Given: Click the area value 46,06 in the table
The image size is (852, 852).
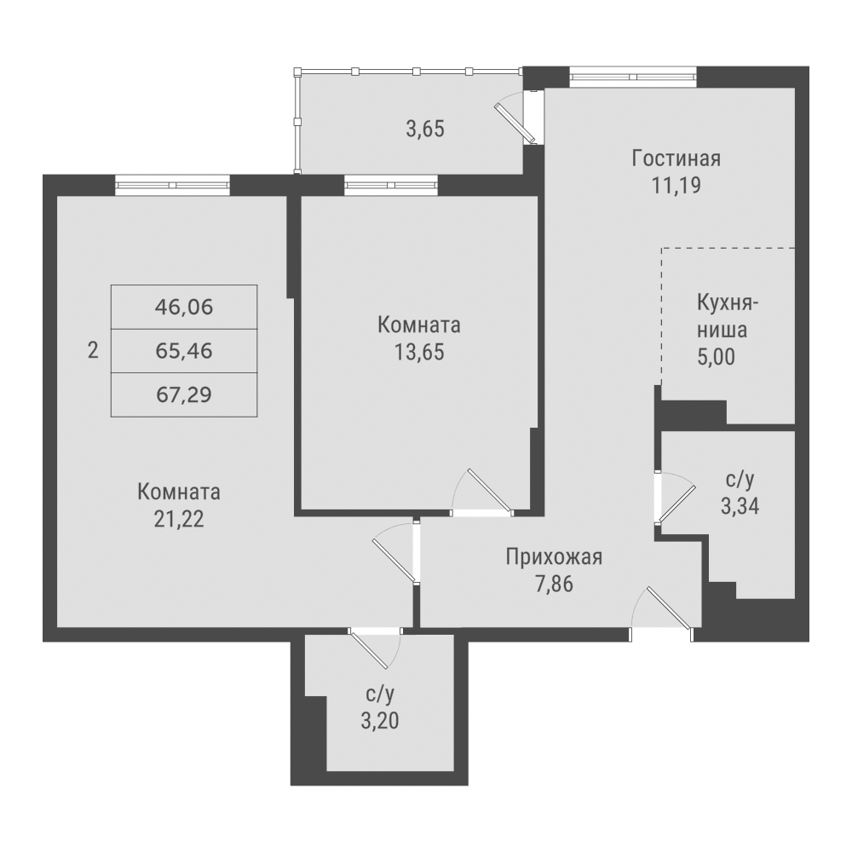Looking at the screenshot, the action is point(184,308).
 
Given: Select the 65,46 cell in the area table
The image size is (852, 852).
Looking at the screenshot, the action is point(184,351).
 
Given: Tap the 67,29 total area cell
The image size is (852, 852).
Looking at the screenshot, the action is point(184,394).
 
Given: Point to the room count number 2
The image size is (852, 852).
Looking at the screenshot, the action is point(93,350).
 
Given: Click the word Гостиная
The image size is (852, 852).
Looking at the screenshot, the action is point(676,158).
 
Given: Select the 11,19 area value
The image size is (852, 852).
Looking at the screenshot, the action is point(676,186).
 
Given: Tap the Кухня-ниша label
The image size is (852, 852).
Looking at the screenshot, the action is point(727,316).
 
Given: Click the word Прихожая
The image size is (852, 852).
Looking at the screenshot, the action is point(555,557).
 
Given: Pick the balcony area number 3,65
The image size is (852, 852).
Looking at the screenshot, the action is point(425,130).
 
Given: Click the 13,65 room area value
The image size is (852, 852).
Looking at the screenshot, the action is point(419,352).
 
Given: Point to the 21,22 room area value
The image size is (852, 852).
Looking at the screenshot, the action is point(179,520).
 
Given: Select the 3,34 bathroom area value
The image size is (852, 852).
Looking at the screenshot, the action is point(740,506).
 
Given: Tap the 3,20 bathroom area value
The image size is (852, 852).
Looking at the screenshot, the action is point(380,721).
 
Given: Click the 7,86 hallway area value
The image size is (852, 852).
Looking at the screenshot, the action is point(555,584).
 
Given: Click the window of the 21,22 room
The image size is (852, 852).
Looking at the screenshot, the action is point(172,185).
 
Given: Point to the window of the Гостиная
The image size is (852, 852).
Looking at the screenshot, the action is point(633,77).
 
